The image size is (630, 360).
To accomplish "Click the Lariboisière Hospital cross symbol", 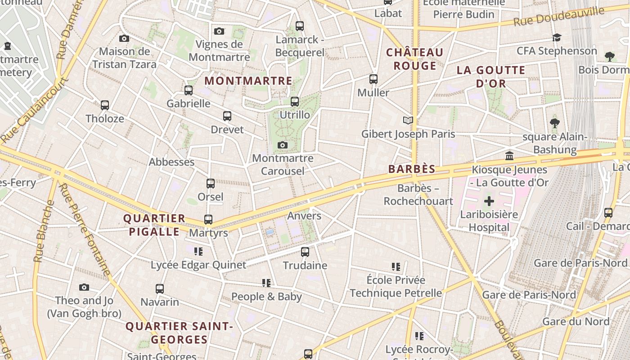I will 489,201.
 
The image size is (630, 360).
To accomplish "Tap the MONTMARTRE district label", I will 248,81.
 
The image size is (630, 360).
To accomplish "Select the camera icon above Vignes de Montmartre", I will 219,31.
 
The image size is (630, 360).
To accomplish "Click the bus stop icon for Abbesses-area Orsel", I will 211,184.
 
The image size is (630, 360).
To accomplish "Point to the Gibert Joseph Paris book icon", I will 408,121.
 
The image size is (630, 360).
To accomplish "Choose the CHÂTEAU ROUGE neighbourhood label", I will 415,59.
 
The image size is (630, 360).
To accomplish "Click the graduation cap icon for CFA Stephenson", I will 557,37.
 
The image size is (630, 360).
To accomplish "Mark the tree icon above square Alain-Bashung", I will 555,122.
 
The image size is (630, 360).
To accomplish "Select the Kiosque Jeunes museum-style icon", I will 509,156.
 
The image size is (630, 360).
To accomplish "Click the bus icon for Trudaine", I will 305,252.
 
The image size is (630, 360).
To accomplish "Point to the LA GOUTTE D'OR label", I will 491,76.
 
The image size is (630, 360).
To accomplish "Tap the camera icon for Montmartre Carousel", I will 283,145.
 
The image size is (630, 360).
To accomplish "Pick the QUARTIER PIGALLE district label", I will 154,225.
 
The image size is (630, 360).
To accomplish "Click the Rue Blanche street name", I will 44,231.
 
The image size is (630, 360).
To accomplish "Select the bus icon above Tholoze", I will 105,105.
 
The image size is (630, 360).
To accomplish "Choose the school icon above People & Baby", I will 266,283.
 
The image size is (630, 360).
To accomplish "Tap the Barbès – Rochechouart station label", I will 418,194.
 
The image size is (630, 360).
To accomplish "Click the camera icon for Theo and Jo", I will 84,287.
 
